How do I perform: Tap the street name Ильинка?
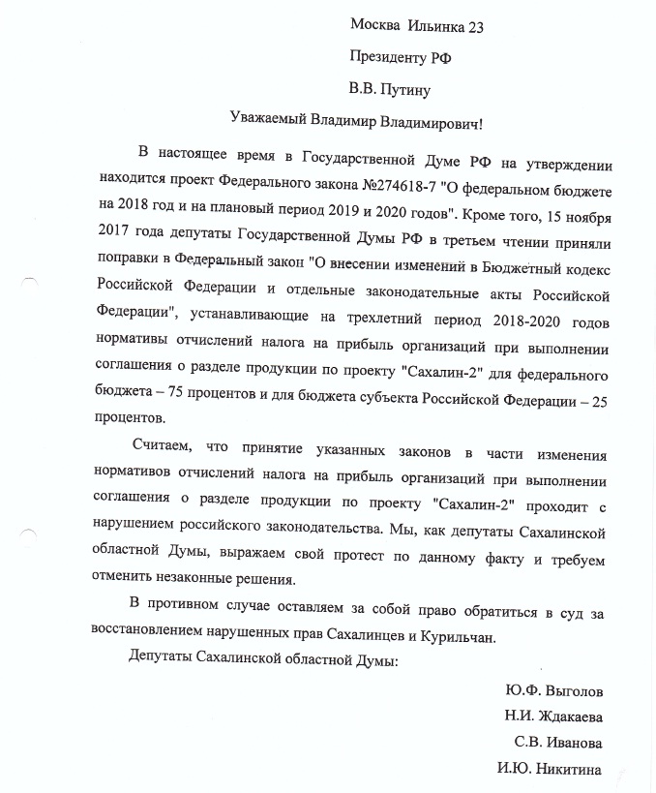tap(436, 26)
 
